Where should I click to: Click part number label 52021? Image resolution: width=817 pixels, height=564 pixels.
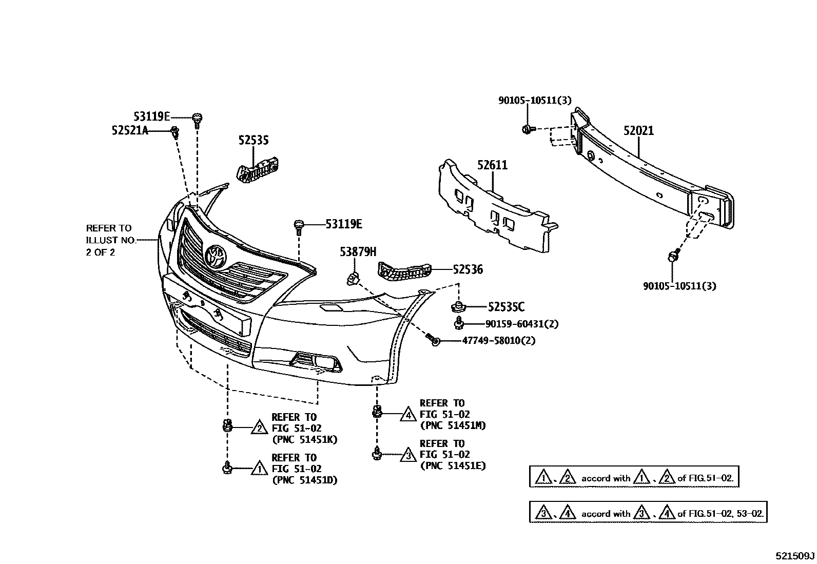(638, 131)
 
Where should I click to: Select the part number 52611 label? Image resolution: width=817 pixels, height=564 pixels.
(492, 165)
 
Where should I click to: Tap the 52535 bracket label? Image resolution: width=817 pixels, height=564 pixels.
(254, 141)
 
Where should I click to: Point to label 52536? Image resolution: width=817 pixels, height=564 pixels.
(468, 269)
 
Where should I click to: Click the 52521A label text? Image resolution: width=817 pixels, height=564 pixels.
(130, 131)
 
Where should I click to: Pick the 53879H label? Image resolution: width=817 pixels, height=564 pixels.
(358, 252)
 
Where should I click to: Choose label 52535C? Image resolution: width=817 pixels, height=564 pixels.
(506, 307)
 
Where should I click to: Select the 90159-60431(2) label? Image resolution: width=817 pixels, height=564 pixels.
(522, 324)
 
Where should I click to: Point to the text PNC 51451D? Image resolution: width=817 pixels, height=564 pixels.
(304, 480)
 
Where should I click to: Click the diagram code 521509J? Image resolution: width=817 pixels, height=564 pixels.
(795, 556)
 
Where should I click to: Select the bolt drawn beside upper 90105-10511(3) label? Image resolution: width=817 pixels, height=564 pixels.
(528, 129)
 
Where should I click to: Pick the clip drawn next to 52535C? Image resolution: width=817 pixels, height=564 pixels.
(456, 306)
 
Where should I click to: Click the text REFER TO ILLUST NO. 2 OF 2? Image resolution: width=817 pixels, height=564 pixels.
(109, 240)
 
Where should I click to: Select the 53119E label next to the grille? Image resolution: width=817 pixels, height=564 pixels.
(343, 224)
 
